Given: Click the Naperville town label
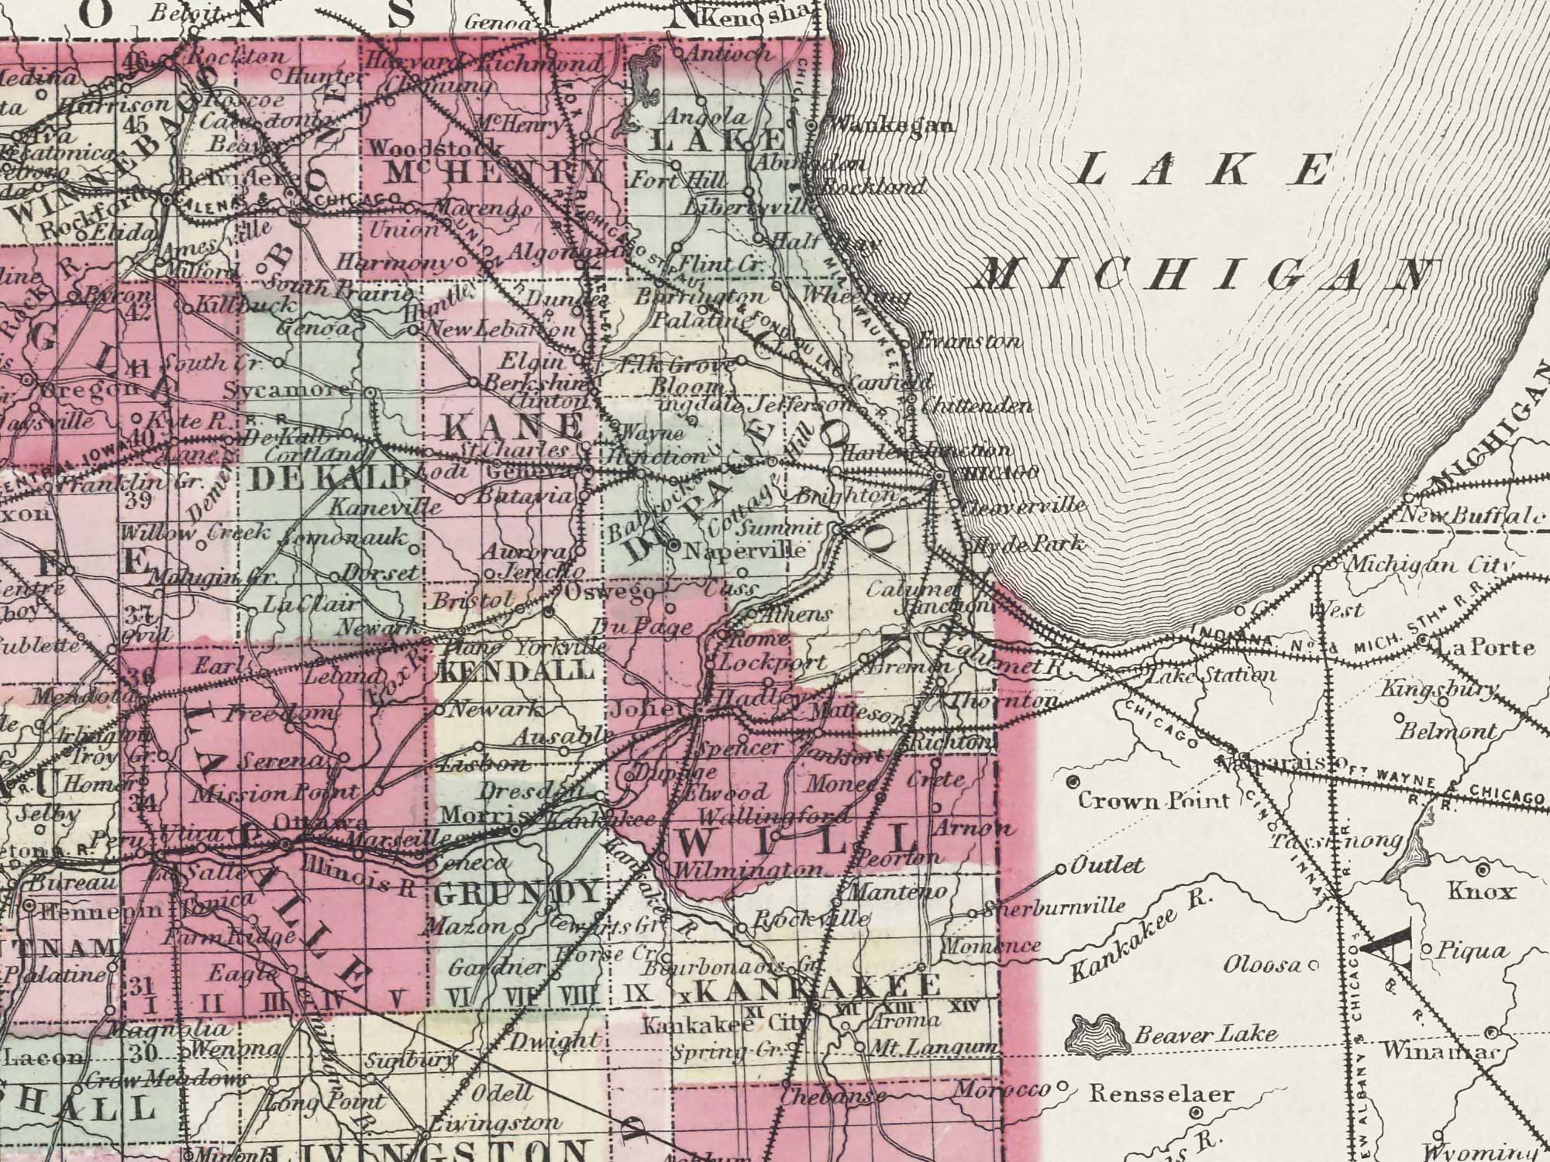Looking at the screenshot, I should click(746, 550).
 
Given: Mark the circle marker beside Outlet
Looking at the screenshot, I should click(1062, 869).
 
